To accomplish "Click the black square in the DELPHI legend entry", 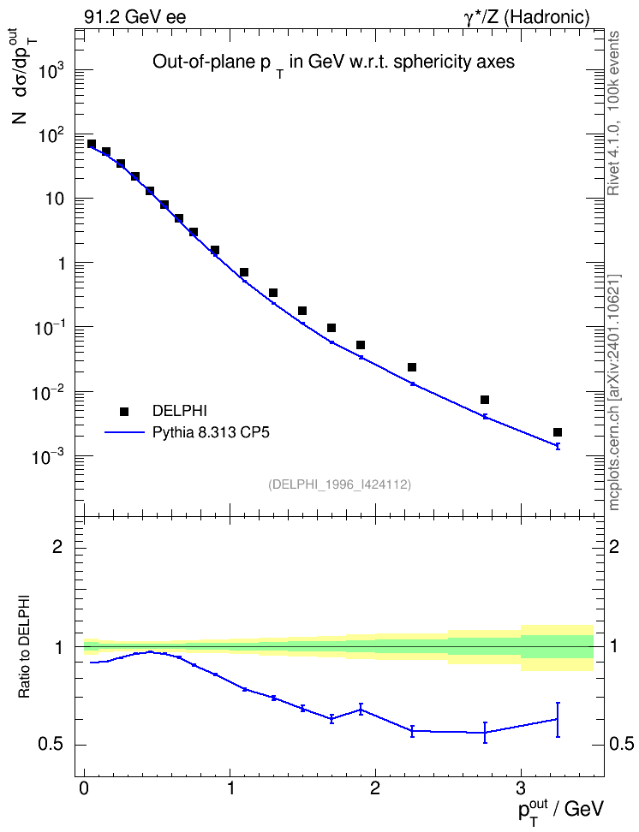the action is point(124,411).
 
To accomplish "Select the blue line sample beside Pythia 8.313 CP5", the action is point(124,432).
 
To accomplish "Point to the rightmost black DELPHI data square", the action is point(558,432).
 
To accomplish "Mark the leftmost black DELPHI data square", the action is point(92,144).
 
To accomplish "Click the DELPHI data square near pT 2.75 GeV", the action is point(485,400).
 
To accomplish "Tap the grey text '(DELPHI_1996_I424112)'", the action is point(340,484).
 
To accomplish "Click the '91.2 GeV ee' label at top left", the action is point(135,17).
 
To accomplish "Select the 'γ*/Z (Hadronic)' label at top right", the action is point(527,17).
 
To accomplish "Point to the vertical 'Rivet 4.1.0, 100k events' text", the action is point(613,113).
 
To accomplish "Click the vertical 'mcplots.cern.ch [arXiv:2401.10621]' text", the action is point(613,393).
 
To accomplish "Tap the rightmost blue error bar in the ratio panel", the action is point(558,719).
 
